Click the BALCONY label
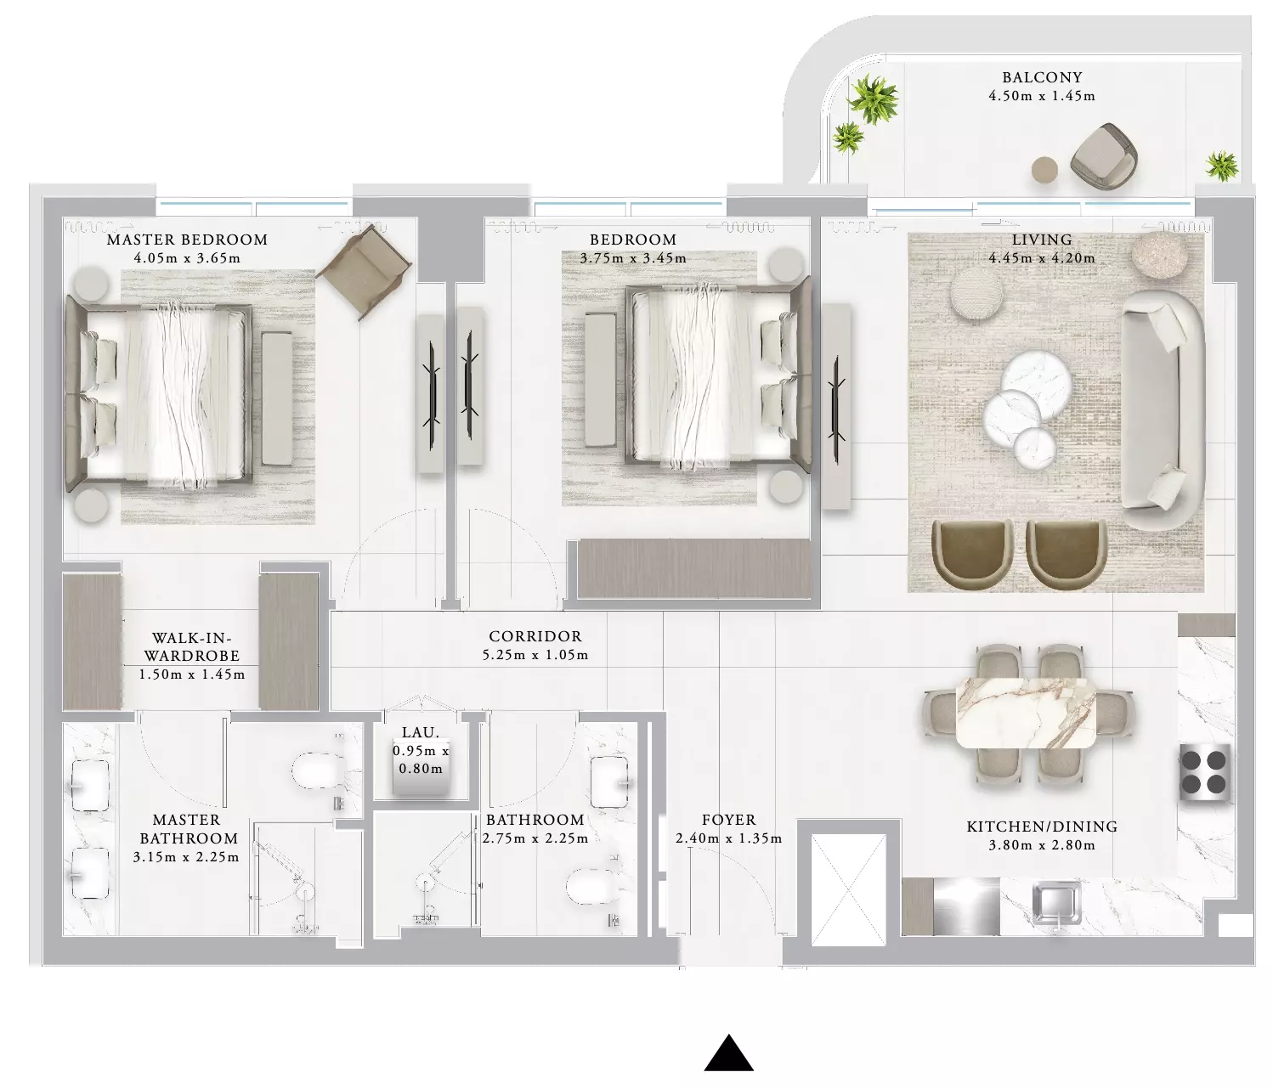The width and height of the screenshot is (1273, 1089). tap(1042, 77)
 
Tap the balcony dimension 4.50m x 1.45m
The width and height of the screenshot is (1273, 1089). tap(1042, 96)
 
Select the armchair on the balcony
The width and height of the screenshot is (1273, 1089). tap(1103, 155)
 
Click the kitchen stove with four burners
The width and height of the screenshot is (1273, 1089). tap(1205, 773)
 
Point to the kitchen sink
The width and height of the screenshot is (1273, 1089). tap(1056, 903)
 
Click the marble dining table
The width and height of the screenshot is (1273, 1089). tap(1026, 713)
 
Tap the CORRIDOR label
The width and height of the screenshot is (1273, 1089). tap(535, 636)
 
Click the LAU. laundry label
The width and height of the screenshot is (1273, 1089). tap(421, 732)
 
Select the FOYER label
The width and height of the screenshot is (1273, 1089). tap(728, 820)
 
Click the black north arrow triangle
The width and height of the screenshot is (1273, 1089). tap(728, 1053)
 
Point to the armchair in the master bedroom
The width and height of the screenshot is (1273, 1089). tap(364, 272)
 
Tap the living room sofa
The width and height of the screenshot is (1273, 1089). tap(1162, 409)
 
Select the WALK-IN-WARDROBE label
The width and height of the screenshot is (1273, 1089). tap(191, 646)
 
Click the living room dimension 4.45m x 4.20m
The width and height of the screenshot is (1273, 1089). tap(1042, 258)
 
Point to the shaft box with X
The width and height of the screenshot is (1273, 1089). tap(849, 889)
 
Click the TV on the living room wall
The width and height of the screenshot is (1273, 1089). tap(835, 409)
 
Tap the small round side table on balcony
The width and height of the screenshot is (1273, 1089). tap(1044, 169)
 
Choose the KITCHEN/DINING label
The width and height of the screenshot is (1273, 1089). tap(1042, 827)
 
